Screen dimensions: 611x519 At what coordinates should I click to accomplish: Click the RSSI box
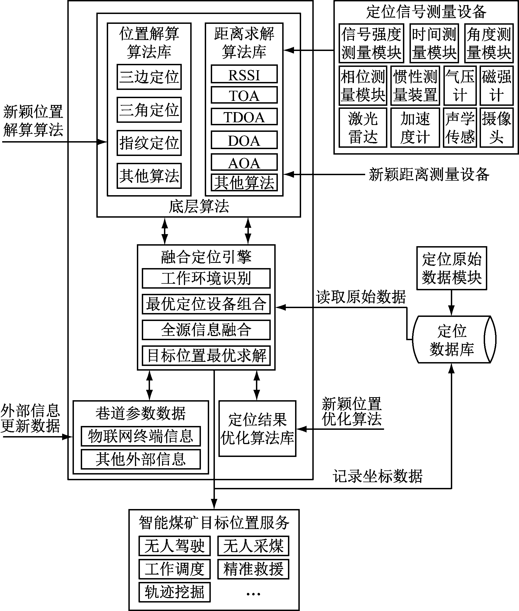click(x=244, y=74)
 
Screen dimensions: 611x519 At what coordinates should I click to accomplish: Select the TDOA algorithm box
click(x=244, y=117)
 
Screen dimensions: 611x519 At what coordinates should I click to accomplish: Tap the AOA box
click(x=244, y=162)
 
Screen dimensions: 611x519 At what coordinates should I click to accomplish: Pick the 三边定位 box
click(x=149, y=77)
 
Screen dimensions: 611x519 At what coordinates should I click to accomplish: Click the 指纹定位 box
click(x=149, y=143)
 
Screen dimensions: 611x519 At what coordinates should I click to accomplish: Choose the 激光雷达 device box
click(x=362, y=127)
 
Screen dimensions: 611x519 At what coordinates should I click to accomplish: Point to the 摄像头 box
click(x=496, y=127)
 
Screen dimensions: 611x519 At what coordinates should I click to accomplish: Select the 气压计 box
click(x=460, y=86)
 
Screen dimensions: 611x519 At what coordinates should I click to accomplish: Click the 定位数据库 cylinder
click(x=452, y=339)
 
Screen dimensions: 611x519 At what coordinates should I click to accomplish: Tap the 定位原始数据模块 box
click(x=452, y=268)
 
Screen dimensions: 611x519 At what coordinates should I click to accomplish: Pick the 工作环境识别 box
click(x=206, y=278)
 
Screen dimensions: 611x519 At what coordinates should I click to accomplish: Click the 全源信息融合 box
click(x=206, y=330)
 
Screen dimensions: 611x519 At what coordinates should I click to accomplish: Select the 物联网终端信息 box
click(x=141, y=436)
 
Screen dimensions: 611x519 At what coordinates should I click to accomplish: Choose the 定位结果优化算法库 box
click(x=257, y=429)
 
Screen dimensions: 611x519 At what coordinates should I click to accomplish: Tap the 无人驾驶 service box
click(x=174, y=545)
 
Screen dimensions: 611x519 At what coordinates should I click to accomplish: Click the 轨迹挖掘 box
click(x=174, y=592)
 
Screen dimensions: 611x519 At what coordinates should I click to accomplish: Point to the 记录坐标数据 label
click(x=377, y=476)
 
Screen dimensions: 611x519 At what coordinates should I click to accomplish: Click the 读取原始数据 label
click(x=361, y=297)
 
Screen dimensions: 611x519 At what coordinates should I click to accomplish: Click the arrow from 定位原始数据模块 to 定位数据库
click(x=451, y=303)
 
